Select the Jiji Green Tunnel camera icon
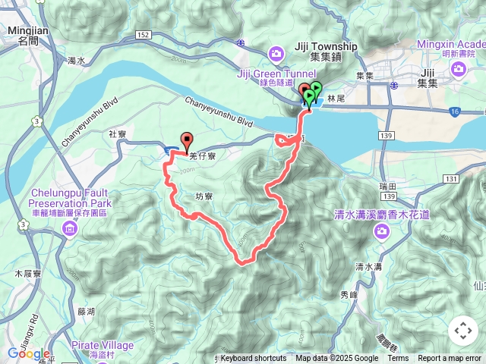coord(275,53)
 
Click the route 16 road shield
coord(454,111)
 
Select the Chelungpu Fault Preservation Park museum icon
coord(71,230)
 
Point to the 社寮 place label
coord(118,133)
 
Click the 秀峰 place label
coord(349,295)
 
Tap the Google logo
coord(29,353)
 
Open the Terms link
coord(398,359)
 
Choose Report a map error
coord(450,359)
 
